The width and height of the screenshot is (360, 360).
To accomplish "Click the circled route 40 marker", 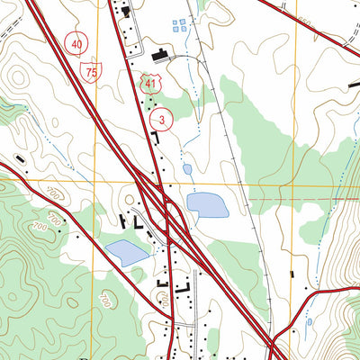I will point(78,43).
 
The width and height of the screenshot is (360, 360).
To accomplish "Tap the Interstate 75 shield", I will point(93,71).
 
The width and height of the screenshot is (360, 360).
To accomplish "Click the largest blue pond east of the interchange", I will point(207,205).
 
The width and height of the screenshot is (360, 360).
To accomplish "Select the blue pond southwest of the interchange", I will point(127,253).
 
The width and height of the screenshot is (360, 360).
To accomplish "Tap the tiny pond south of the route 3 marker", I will point(186,168).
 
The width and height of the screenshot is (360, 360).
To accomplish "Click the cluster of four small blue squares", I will point(180,24).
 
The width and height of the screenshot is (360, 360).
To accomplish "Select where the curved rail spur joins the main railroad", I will point(200,67).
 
